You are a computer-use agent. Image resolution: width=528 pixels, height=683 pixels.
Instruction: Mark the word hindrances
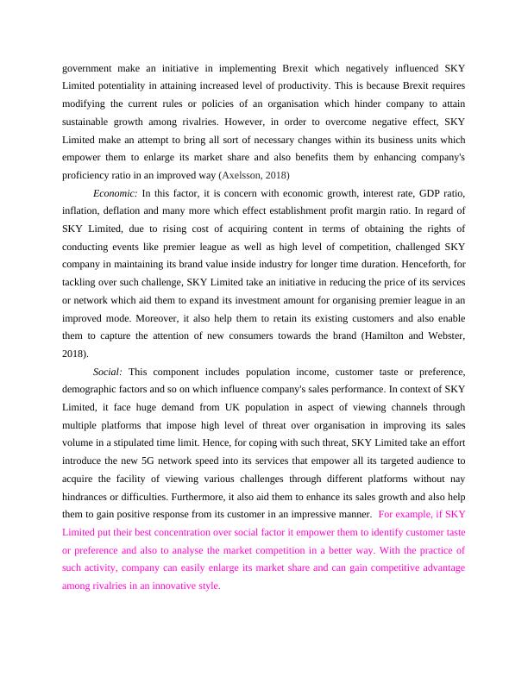[88, 498]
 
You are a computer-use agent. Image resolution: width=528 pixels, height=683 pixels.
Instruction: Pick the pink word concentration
[189, 533]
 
